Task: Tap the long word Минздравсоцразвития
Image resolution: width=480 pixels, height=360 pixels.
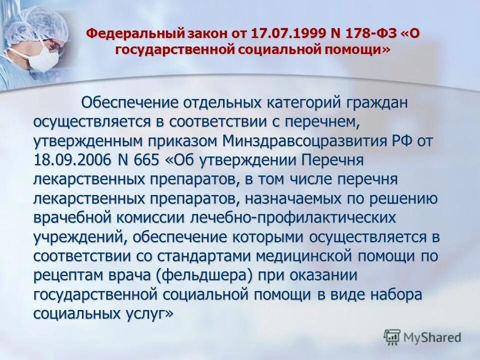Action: coord(308,141)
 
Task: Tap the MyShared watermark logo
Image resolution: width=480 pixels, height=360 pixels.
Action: coord(422,336)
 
